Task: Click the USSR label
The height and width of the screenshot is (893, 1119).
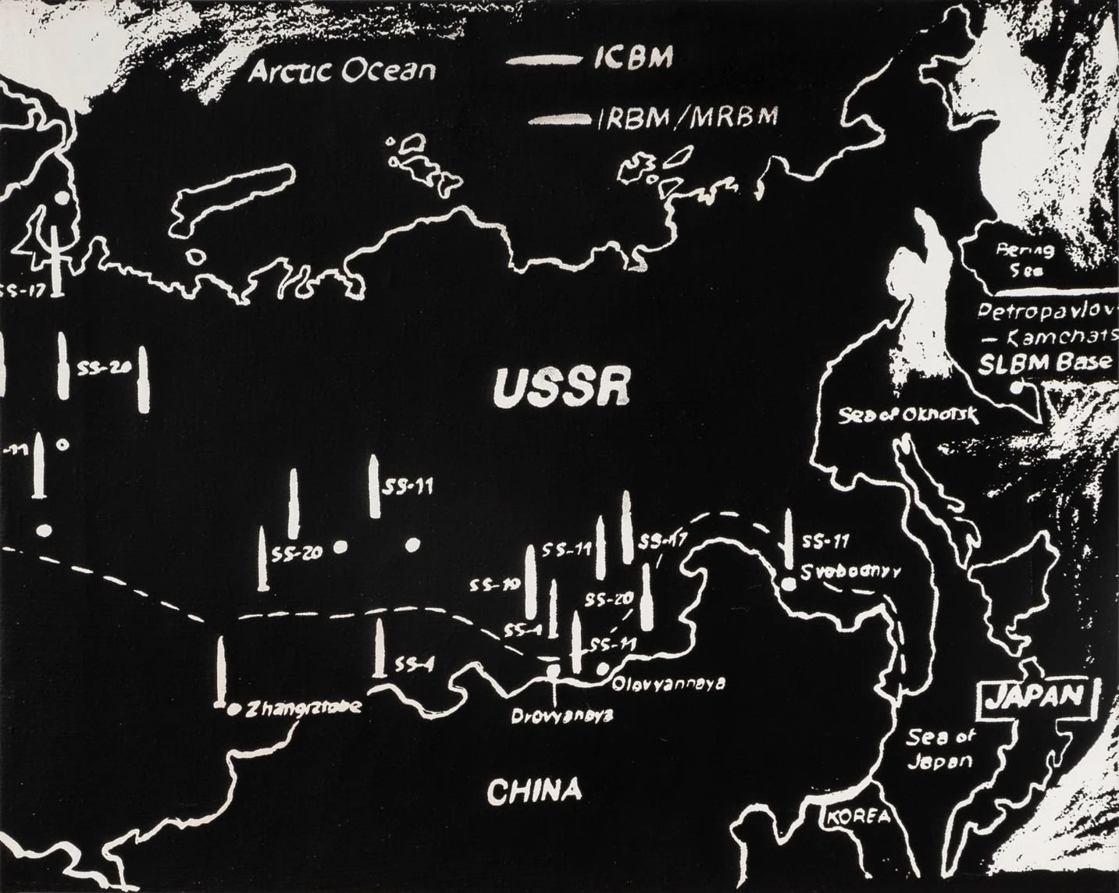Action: (x=562, y=388)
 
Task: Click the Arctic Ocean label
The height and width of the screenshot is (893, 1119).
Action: (x=342, y=72)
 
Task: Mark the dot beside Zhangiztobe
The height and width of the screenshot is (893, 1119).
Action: (x=233, y=710)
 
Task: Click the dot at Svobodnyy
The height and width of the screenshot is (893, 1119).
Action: (x=789, y=583)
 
